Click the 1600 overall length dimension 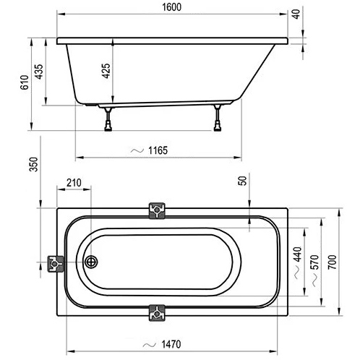pos(171,7)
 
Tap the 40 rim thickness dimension pos(296,14)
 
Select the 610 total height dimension pos(25,82)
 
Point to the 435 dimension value pos(38,72)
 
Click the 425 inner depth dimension pos(106,71)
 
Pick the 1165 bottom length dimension pos(158,150)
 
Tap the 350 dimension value pos(34,164)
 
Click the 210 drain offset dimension pos(74,183)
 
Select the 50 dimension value pos(242,181)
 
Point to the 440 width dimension pos(298,254)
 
